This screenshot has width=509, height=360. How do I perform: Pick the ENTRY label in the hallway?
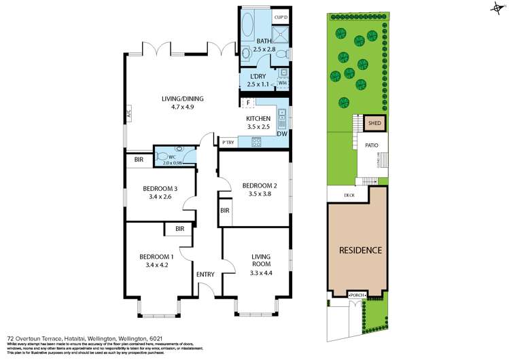205,274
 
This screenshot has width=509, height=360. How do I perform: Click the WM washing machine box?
282,82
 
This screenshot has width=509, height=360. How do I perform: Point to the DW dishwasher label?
281,133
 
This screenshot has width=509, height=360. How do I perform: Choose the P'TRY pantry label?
227,143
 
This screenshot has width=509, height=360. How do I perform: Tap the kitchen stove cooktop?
258,142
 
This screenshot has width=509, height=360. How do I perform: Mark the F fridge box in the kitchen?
249,103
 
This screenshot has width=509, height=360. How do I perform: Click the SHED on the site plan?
374,124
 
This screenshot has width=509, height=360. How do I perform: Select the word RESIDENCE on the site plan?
360,250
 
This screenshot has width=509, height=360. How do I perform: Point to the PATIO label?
371,145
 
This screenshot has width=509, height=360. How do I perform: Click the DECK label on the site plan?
349,195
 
